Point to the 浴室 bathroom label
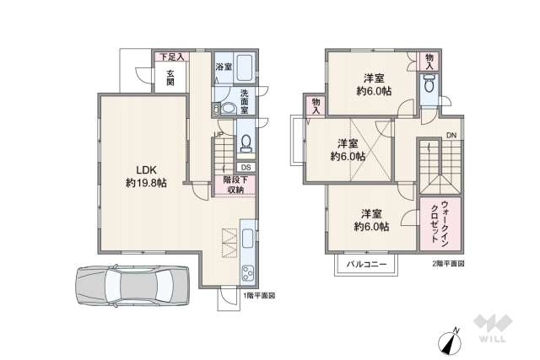[x=224, y=66]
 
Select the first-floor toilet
[x=246, y=142]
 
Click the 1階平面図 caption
[x=259, y=296]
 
